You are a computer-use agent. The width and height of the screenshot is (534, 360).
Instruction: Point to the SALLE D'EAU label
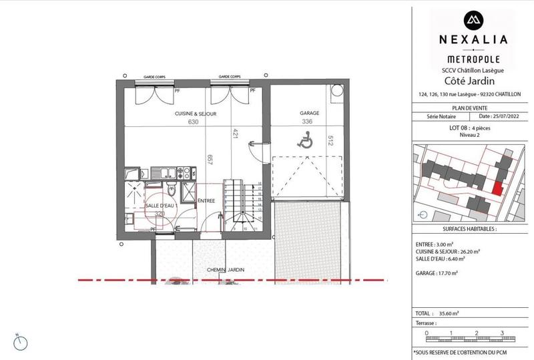(160, 206)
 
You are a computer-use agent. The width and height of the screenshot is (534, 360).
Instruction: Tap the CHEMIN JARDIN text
(226, 271)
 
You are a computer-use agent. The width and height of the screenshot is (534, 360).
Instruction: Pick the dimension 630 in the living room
(194, 122)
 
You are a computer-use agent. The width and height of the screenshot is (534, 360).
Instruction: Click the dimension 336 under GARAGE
(307, 122)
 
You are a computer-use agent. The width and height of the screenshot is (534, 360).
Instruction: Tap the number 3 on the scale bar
(501, 333)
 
